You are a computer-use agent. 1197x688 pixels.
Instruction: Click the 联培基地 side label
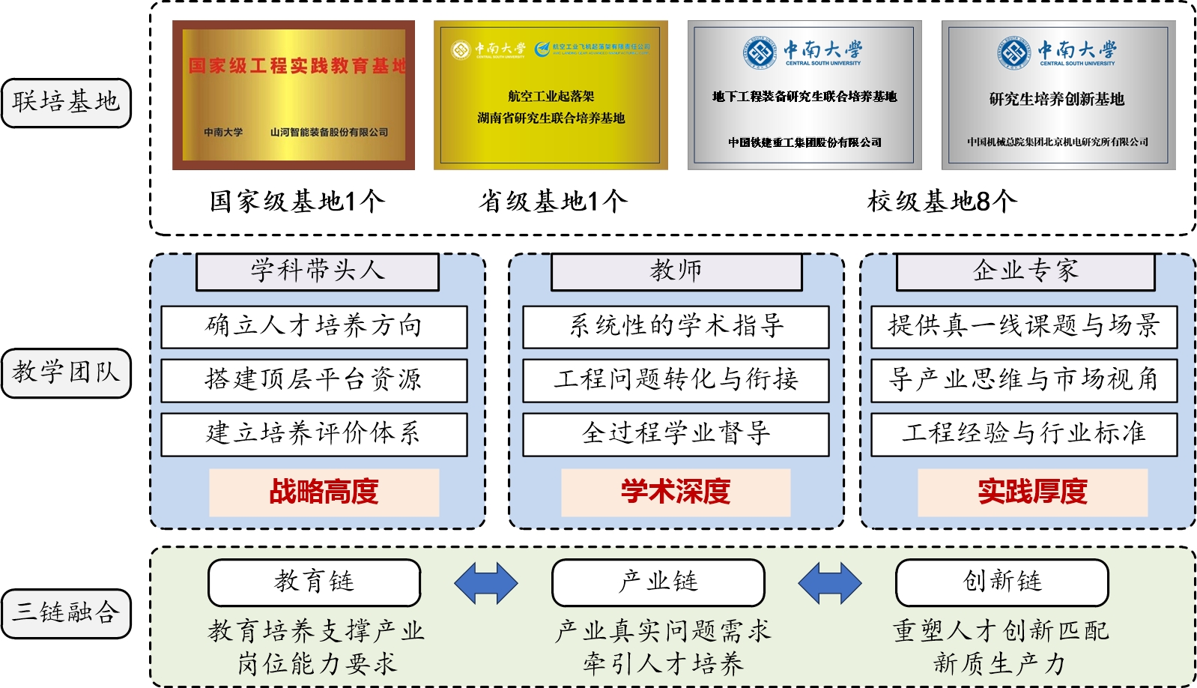tap(66, 102)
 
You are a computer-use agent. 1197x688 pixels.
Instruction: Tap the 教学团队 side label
tap(66, 372)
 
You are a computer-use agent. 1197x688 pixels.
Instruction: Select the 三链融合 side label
tap(66, 613)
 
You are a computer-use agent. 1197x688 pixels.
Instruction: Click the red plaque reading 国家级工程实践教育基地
tap(294, 95)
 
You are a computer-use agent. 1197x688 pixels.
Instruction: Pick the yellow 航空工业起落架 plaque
tap(551, 95)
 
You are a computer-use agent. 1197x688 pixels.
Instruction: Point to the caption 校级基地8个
tap(942, 201)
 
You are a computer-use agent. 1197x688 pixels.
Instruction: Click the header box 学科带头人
tap(318, 271)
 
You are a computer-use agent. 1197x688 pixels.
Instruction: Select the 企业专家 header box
tap(1025, 271)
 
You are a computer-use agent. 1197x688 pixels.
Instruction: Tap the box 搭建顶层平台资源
tap(314, 380)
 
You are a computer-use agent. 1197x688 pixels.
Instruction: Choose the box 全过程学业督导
tap(676, 434)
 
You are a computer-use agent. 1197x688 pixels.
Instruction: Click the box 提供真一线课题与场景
tap(1024, 326)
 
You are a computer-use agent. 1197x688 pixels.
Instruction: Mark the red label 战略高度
tap(324, 492)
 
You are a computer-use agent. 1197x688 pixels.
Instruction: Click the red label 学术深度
tap(676, 492)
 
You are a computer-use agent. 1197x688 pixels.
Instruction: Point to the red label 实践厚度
tap(1032, 492)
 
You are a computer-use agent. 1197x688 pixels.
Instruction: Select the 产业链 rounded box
tap(658, 582)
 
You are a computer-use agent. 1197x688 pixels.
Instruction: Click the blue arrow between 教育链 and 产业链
tap(485, 583)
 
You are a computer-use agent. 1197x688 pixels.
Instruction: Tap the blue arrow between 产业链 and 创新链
tap(830, 583)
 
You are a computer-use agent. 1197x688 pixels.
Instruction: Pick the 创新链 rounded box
tap(1002, 582)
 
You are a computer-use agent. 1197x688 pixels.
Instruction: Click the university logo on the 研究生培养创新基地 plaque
tap(1015, 53)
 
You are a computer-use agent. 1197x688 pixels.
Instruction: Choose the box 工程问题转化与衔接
tap(676, 380)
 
